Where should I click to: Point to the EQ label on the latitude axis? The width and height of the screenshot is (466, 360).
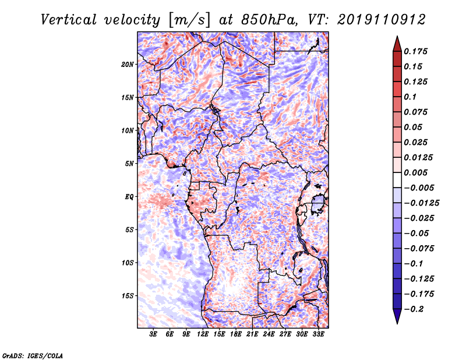coord(129,196)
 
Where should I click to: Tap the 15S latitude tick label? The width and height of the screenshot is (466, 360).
coord(128,296)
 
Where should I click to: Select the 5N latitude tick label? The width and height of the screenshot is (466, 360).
coord(130,163)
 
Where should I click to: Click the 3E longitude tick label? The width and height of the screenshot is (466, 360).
coord(154,334)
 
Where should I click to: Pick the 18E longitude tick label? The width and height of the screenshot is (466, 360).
coord(236,334)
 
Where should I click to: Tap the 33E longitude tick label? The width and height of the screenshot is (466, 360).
coord(318,334)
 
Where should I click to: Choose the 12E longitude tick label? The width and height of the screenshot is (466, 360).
coord(203,334)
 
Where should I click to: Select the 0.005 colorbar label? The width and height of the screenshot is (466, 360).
coord(417,172)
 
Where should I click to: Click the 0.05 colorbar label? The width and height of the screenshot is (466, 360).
coord(414,127)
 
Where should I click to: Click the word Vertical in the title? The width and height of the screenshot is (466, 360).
coord(69,20)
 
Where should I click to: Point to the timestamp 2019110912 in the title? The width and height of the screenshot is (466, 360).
coord(376,20)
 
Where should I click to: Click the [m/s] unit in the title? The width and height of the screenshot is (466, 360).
coord(186,20)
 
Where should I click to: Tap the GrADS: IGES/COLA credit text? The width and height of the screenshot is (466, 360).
coord(33,355)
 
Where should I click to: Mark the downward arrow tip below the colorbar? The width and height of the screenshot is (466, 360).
coord(397,322)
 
